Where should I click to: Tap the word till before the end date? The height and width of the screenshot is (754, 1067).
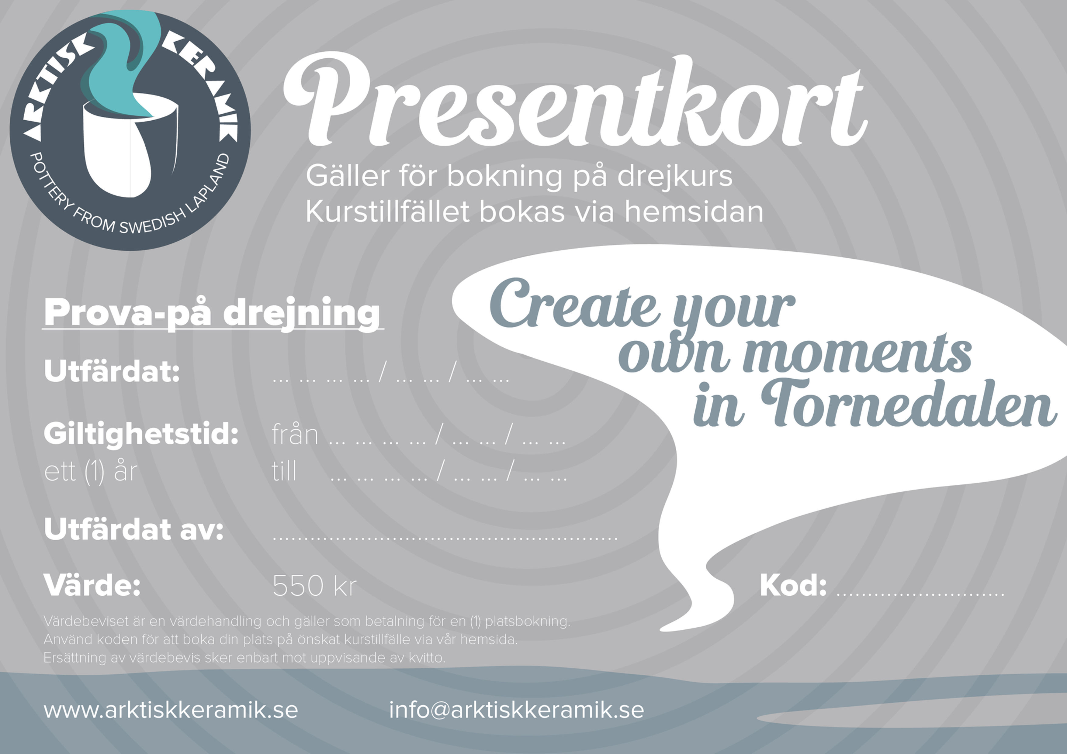(284, 472)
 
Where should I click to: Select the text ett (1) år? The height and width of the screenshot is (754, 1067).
(91, 472)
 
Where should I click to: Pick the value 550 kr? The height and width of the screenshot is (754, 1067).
(314, 585)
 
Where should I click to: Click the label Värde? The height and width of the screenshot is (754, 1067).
(92, 585)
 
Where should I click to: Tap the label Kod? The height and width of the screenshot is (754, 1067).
(793, 585)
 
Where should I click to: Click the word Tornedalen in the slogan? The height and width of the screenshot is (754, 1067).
(906, 404)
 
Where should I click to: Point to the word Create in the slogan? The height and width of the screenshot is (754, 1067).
(574, 304)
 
